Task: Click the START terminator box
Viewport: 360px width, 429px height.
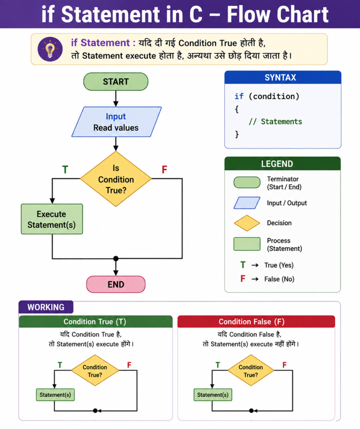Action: point(116,82)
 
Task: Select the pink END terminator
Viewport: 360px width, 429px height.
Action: point(116,284)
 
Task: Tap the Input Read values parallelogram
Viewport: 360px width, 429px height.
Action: point(117,122)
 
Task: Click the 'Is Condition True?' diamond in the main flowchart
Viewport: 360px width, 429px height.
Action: point(116,179)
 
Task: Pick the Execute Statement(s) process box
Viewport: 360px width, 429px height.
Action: point(52,219)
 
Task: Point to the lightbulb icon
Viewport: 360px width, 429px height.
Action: point(50,49)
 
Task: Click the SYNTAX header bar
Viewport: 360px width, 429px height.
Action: point(283,78)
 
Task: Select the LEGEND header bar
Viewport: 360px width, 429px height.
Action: point(282,164)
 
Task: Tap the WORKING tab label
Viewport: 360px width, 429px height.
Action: point(46,307)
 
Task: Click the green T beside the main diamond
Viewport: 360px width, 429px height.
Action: point(65,170)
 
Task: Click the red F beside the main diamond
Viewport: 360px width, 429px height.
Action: point(164,170)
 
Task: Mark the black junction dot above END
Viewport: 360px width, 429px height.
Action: point(116,258)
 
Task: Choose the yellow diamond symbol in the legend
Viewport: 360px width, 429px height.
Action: point(247,223)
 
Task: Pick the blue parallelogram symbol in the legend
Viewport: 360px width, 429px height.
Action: point(247,203)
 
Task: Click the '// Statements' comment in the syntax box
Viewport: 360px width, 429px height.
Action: point(275,121)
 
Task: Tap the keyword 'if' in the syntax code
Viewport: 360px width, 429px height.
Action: point(239,96)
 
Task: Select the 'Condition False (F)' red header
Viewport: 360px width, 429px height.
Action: point(256,321)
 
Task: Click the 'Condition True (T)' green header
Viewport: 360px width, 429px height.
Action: point(96,321)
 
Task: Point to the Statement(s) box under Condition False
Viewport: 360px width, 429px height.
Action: point(213,395)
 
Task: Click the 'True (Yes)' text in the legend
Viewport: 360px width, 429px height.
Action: point(279,265)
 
